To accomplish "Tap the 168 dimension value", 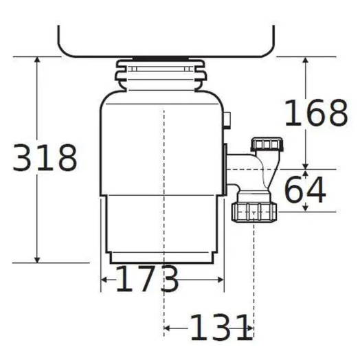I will (x=315, y=113).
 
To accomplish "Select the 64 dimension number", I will (x=304, y=191).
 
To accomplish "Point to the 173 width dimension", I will (x=146, y=280).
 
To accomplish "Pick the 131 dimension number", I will (x=221, y=328).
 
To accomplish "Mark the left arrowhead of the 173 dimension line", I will (x=104, y=280).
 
